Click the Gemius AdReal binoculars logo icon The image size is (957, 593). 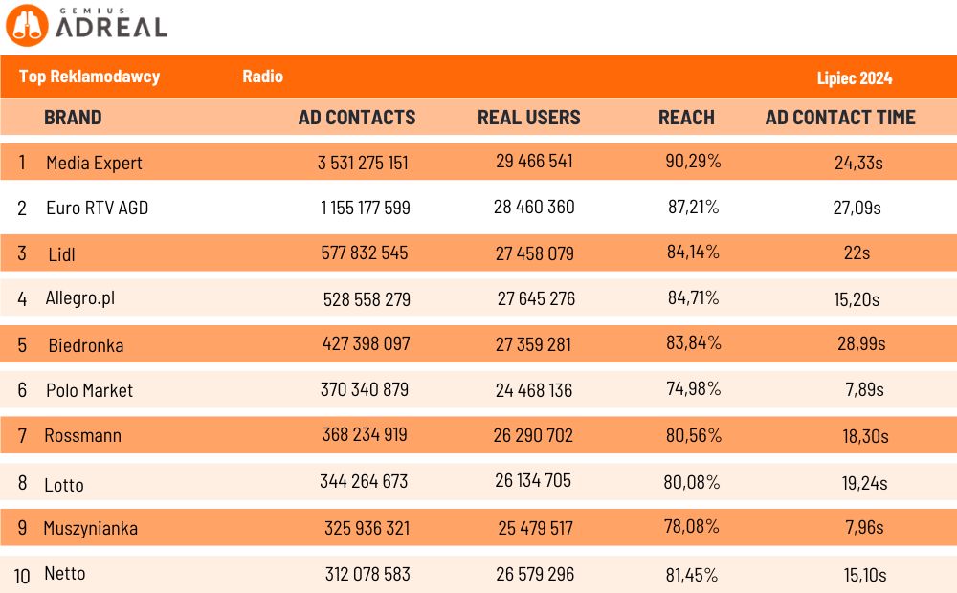pyautogui.click(x=26, y=26)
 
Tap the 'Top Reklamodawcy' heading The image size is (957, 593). pyautogui.click(x=89, y=77)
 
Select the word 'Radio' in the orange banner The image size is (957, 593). pyautogui.click(x=262, y=77)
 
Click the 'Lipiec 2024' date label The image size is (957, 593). pyautogui.click(x=855, y=78)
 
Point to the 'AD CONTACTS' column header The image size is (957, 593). pyautogui.click(x=357, y=118)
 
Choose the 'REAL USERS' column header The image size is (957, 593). pyautogui.click(x=528, y=118)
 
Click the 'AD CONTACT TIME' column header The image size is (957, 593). pyautogui.click(x=839, y=118)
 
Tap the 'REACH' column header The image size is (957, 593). pyautogui.click(x=686, y=118)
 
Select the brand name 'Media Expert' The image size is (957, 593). pyautogui.click(x=94, y=163)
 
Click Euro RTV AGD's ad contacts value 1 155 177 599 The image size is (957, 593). pyautogui.click(x=366, y=208)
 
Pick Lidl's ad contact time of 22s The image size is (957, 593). pyautogui.click(x=858, y=253)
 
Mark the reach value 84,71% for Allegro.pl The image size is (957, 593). pyautogui.click(x=693, y=298)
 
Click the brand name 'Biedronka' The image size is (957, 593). pyautogui.click(x=85, y=345)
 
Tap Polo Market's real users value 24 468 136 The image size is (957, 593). pyautogui.click(x=534, y=389)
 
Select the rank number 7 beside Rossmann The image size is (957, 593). pyautogui.click(x=22, y=436)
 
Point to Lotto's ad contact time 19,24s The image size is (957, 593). pyautogui.click(x=864, y=483)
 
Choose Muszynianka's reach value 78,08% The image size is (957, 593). pyautogui.click(x=692, y=527)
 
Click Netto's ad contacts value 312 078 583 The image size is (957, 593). pyautogui.click(x=367, y=574)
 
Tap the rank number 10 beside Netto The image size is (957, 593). pyautogui.click(x=23, y=574)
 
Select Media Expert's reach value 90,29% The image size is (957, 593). pyautogui.click(x=693, y=162)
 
